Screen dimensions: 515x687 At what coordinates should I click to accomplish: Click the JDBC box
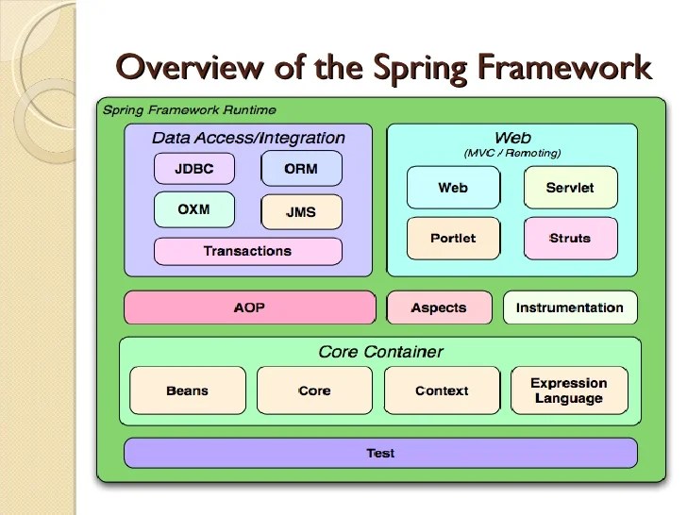point(194,170)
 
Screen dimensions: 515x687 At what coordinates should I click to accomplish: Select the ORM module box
point(301,169)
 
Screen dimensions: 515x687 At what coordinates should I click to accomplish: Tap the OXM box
point(193,209)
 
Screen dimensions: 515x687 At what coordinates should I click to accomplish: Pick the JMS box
point(301,212)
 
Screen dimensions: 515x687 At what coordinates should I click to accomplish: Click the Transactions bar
point(247,251)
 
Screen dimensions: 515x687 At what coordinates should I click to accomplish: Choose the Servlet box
point(570,188)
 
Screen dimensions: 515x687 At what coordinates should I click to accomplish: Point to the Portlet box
point(453,238)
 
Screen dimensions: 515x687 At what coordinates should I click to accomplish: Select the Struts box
point(570,238)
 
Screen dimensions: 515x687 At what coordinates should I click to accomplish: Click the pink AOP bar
point(249,307)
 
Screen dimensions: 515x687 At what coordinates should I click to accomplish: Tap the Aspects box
point(439,307)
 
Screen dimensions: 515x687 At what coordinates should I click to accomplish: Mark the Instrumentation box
point(569,307)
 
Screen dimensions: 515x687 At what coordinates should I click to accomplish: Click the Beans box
point(187,390)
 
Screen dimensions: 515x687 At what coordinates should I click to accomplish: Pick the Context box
point(442,390)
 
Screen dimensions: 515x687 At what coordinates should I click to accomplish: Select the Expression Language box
point(569,390)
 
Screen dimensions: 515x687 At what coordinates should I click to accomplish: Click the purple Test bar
point(380,453)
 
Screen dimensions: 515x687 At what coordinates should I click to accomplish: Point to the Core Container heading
point(380,352)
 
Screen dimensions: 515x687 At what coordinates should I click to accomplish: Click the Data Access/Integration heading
point(248,138)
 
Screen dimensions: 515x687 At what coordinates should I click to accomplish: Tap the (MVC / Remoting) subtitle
point(512,153)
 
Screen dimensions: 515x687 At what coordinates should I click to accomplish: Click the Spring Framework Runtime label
point(189,109)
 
